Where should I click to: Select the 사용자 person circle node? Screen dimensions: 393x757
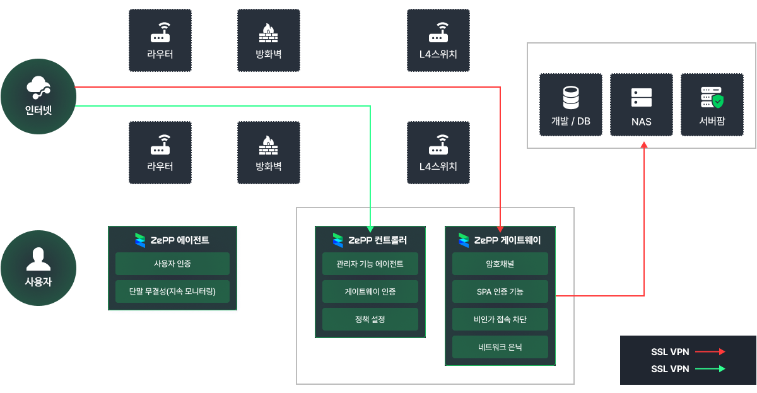click(38, 267)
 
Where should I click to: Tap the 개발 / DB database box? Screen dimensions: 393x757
click(571, 105)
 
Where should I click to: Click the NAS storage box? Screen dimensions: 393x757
click(642, 105)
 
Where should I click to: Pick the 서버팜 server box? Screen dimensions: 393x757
click(712, 105)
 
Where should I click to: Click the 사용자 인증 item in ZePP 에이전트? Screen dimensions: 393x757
click(172, 264)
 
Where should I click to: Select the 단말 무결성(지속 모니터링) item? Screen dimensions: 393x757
click(172, 291)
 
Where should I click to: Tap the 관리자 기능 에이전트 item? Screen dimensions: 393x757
click(370, 264)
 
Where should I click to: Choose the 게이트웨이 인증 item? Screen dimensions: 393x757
click(370, 291)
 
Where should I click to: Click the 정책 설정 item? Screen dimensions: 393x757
click(370, 319)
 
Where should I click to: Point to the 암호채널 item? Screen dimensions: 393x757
click(500, 264)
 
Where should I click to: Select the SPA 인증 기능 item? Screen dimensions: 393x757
click(500, 291)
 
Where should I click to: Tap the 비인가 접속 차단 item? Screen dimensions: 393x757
click(500, 319)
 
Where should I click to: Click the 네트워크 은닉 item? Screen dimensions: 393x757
click(500, 347)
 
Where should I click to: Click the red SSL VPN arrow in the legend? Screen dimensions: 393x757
click(710, 352)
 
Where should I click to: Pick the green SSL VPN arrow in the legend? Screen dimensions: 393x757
click(710, 369)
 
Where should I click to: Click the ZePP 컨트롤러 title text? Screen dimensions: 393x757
click(378, 240)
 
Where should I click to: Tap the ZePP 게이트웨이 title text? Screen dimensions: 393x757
click(507, 240)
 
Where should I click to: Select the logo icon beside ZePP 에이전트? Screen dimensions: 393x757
click(140, 240)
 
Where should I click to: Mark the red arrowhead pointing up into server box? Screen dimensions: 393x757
click(644, 146)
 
